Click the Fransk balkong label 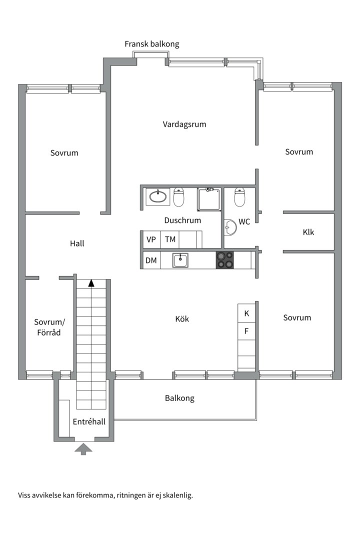151,44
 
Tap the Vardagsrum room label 184,124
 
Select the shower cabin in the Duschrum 209,199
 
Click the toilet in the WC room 239,197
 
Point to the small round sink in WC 229,228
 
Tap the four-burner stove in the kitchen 224,260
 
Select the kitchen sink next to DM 180,260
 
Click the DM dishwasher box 151,260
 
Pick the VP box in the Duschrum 151,239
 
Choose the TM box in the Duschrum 170,239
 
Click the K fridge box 246,313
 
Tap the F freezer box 246,330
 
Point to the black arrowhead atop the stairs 91,283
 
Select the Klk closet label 308,232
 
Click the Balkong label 179,398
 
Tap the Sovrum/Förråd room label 47,327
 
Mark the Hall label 77,243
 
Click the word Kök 182,319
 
